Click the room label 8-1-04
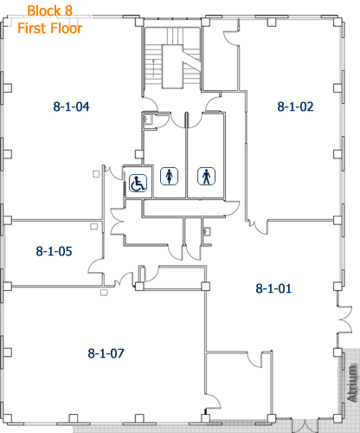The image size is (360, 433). [73, 107]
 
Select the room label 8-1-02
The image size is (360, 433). [295, 107]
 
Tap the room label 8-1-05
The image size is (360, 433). [54, 251]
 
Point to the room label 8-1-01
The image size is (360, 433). [273, 288]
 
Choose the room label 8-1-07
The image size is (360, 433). [106, 353]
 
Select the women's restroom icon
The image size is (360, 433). [168, 176]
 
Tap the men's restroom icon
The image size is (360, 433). [206, 176]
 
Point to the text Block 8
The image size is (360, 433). [49, 11]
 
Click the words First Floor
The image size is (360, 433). [51, 28]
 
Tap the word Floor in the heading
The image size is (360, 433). [66, 28]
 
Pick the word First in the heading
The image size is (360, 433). [33, 28]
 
